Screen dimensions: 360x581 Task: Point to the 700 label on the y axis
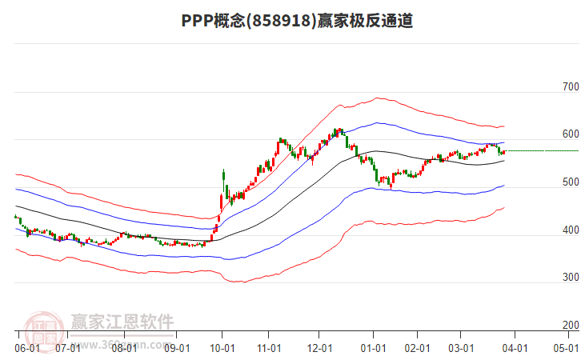click(x=570, y=86)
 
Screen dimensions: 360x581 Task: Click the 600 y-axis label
click(x=570, y=134)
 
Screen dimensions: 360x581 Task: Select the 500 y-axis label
click(x=570, y=182)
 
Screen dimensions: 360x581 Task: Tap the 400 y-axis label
click(x=570, y=230)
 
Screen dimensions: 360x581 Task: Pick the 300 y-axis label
click(x=570, y=278)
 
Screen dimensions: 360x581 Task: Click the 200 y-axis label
click(x=570, y=326)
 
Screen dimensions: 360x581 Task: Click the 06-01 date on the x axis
click(x=26, y=348)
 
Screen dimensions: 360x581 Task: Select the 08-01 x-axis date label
click(x=124, y=348)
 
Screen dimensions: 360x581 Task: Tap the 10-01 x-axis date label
click(x=222, y=348)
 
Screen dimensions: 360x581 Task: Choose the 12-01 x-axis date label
click(x=319, y=348)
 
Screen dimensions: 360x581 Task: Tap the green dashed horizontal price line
click(x=544, y=150)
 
